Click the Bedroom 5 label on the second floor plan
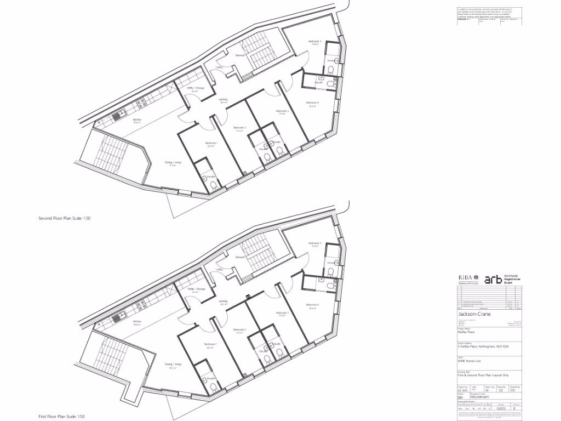pyautogui.click(x=314, y=41)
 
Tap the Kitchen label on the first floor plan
pyautogui.click(x=137, y=322)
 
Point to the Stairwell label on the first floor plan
pyautogui.click(x=239, y=257)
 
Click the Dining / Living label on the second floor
pyautogui.click(x=173, y=162)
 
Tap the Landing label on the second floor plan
pyautogui.click(x=223, y=100)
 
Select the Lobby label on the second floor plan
pyautogui.click(x=219, y=67)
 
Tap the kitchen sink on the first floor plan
pyautogui.click(x=117, y=317)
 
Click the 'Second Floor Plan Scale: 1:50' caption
pyautogui.click(x=64, y=218)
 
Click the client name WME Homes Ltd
pyautogui.click(x=468, y=361)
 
